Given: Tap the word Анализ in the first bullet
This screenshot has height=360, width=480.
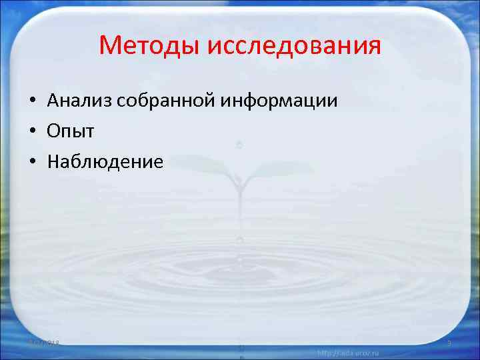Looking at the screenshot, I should tap(79, 101).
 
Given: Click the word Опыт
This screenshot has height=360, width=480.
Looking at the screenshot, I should tap(71, 131).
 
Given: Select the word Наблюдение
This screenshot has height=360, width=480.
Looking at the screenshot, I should tap(105, 162).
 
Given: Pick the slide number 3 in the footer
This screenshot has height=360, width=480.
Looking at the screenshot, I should tap(449, 342).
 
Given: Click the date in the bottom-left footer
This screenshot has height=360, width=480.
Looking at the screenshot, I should tap(45, 342).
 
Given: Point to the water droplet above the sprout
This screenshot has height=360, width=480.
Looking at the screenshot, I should tap(239, 144).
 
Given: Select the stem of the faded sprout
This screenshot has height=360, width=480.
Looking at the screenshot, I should tap(239, 200).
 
